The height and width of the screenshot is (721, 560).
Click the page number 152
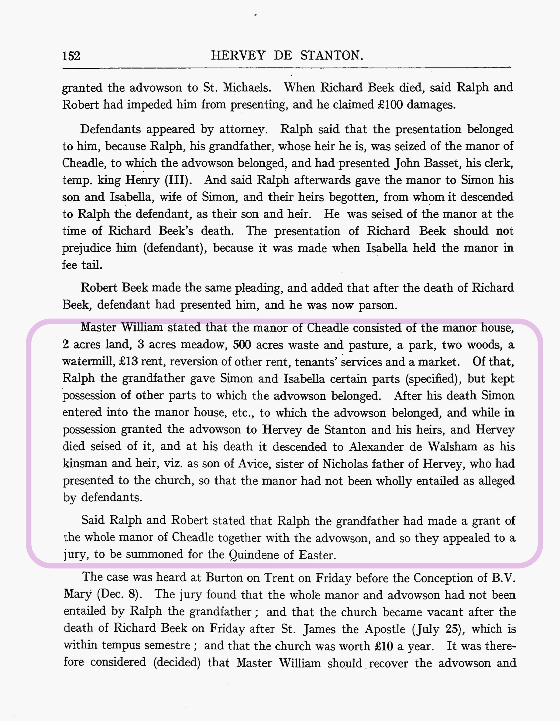[x=71, y=56]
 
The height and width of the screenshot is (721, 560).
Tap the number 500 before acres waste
[x=242, y=345]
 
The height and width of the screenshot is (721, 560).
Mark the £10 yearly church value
[x=384, y=646]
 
